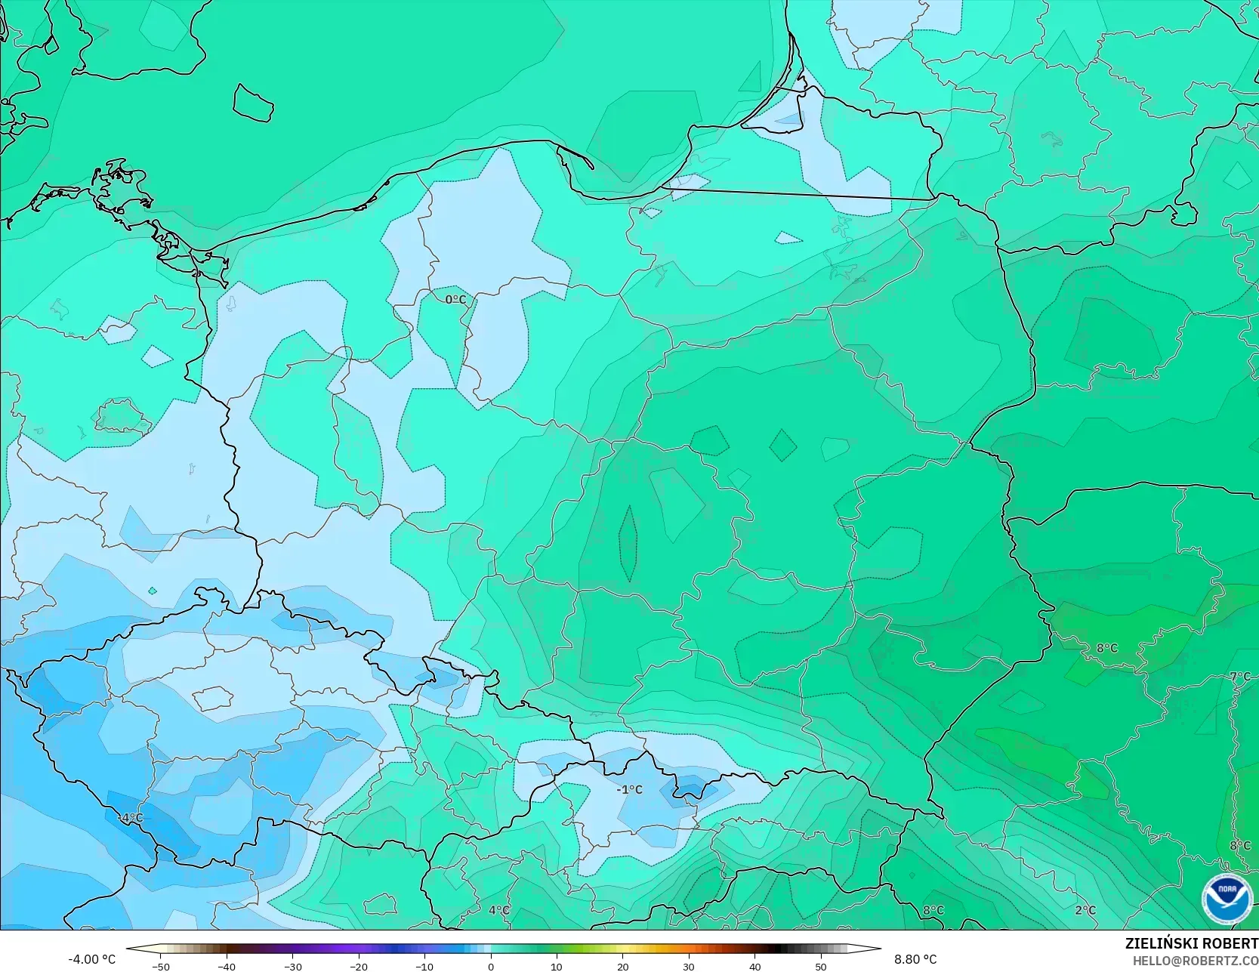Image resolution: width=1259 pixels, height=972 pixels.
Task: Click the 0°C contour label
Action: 455,300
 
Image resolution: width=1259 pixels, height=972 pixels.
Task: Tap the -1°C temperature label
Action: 629,789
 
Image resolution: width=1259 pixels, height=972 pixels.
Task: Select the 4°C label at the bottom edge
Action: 498,910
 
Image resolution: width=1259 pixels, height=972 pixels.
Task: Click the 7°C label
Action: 1239,677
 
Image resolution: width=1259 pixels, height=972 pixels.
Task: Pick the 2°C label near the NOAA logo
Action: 1085,910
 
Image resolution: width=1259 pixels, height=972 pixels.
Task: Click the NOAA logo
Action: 1227,899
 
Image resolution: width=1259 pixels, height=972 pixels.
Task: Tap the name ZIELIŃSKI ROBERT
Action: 1191,943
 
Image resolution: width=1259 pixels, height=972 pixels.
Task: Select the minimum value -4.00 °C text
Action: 92,959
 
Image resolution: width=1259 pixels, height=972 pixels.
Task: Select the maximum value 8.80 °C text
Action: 915,959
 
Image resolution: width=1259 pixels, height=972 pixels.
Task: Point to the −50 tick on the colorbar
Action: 160,966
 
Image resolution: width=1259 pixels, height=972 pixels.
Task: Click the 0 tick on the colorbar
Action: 490,966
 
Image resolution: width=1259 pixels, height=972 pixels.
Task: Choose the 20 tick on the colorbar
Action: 622,966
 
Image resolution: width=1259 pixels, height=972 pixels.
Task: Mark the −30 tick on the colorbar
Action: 292,966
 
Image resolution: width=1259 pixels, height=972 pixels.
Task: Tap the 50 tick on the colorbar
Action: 820,966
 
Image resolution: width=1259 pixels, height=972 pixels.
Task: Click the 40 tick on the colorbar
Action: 754,966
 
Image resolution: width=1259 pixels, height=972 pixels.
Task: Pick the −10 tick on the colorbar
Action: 424,966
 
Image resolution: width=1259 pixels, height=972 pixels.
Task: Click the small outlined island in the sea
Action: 252,103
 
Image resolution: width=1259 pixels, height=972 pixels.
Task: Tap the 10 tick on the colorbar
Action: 557,966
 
